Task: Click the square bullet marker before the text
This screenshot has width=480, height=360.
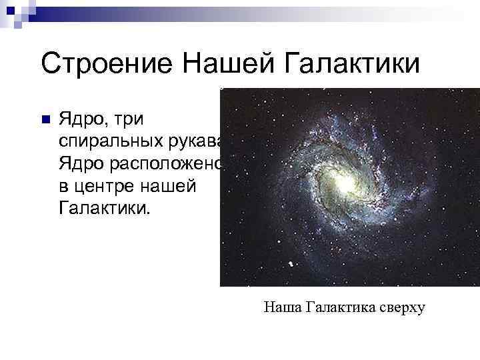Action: [x=45, y=120]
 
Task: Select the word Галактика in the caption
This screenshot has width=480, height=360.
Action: [x=341, y=307]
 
